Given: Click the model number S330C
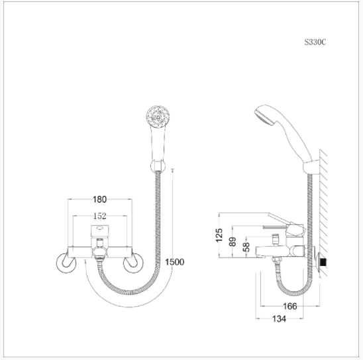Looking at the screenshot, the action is [x=315, y=42].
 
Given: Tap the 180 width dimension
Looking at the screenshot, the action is [x=99, y=199].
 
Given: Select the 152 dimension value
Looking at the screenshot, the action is [x=100, y=216].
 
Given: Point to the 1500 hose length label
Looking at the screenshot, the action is [x=175, y=262].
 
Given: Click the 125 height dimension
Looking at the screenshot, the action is [x=219, y=235].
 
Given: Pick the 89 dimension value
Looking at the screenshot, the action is [x=233, y=242].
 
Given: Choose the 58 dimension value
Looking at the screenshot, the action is [x=246, y=247].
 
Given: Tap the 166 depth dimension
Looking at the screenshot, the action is [x=290, y=306].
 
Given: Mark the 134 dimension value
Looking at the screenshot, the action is [x=279, y=319].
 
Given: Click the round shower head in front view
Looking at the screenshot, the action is [x=158, y=116].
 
